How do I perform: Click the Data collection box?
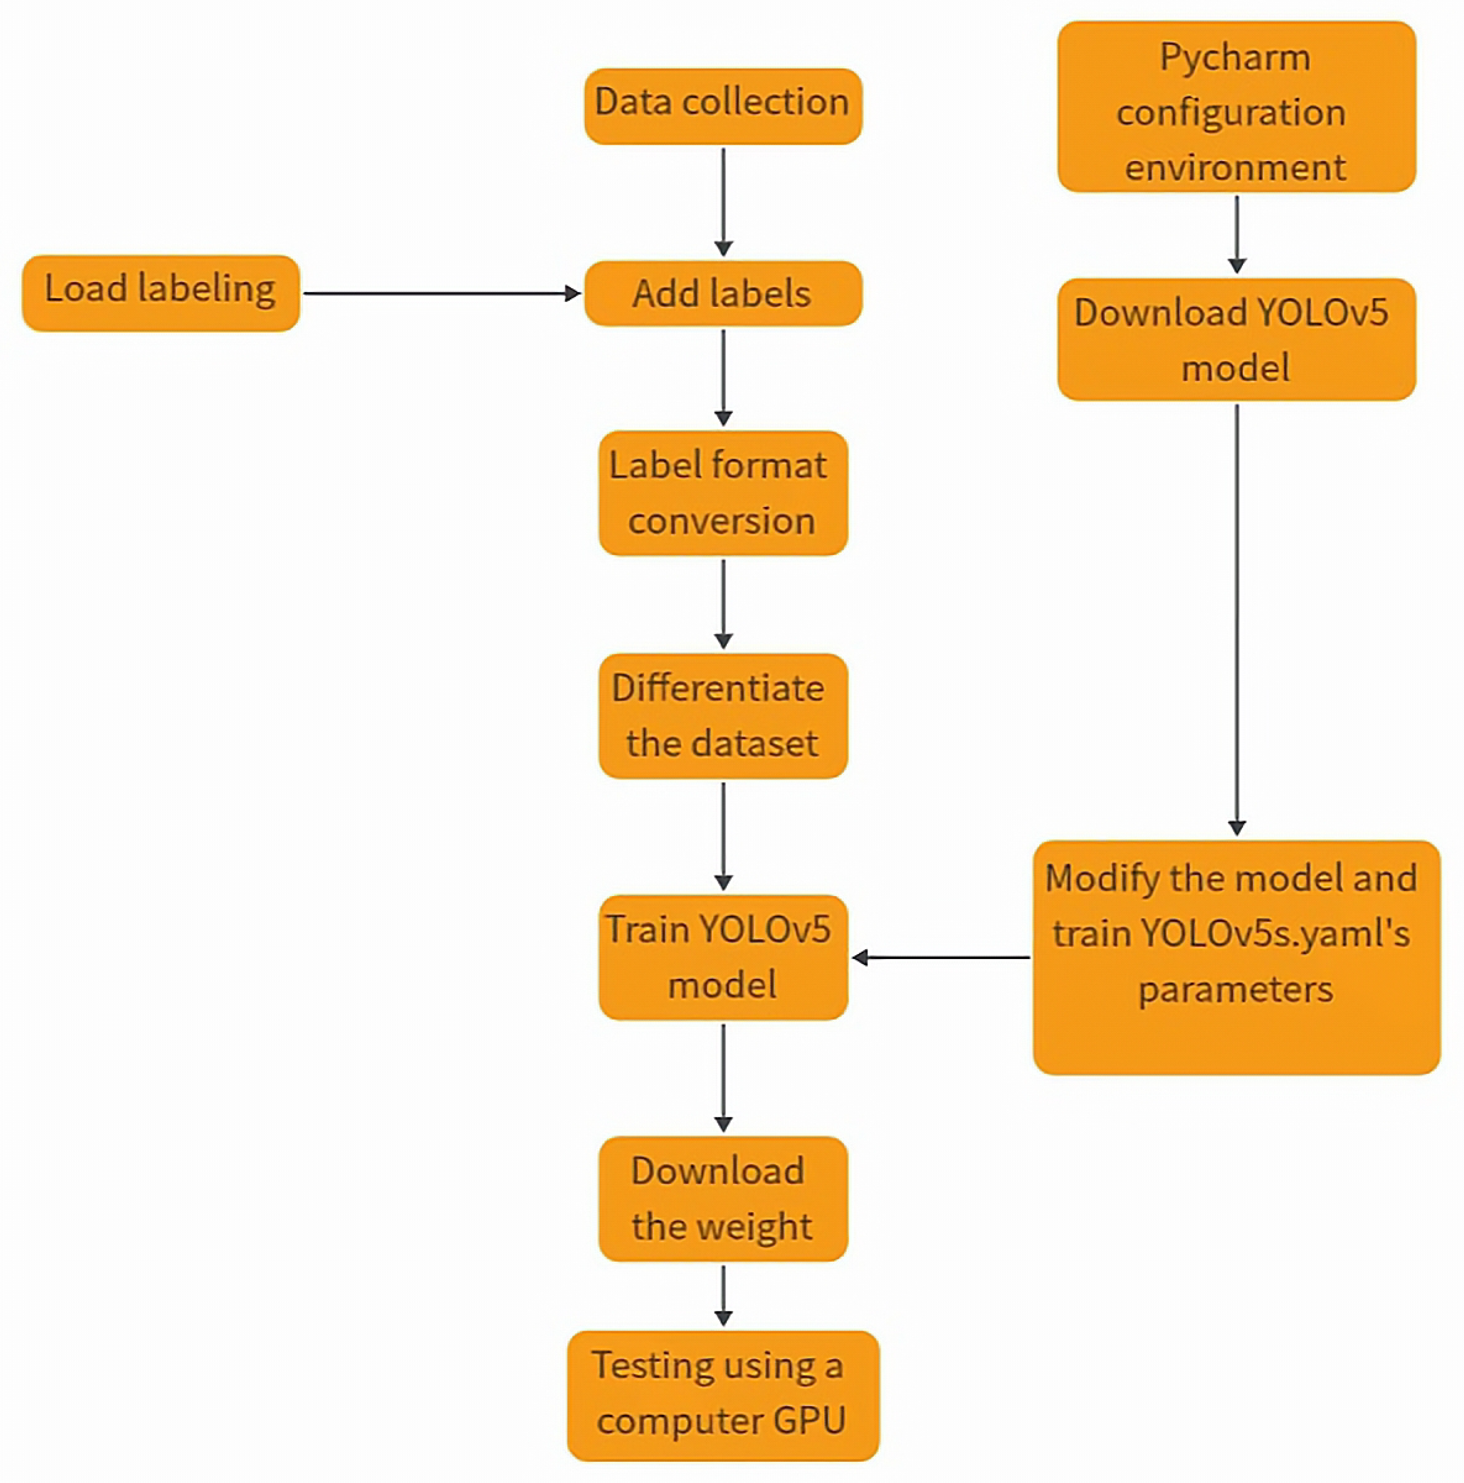[x=722, y=106]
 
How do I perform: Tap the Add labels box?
[x=722, y=293]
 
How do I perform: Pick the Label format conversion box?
[x=722, y=493]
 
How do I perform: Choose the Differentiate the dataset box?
[x=722, y=715]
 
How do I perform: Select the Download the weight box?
[x=722, y=1198]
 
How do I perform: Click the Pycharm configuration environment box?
[x=1236, y=107]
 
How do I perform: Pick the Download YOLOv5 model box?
[x=1236, y=339]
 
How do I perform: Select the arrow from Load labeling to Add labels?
[x=441, y=293]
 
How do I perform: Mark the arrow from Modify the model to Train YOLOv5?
[x=941, y=957]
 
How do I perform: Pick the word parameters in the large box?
[x=1235, y=989]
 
